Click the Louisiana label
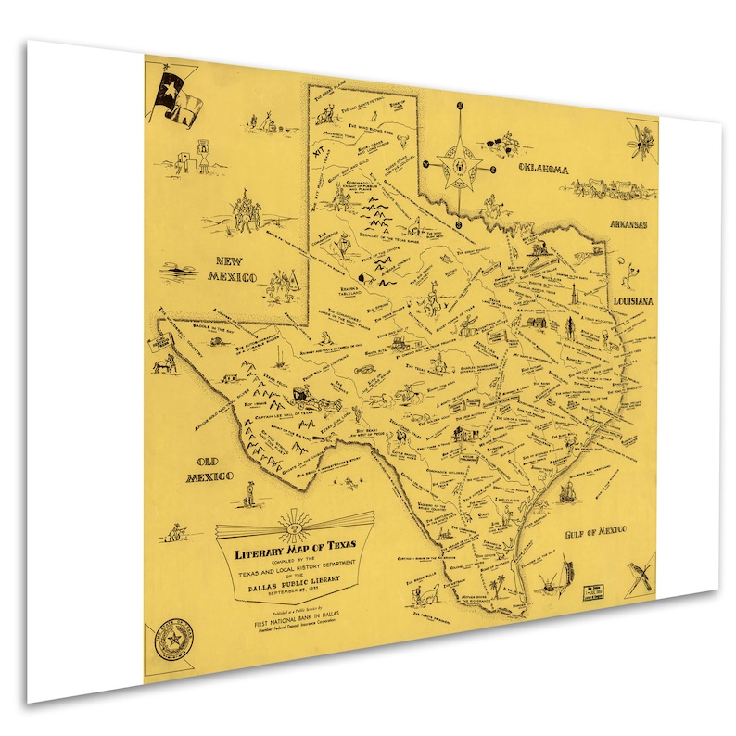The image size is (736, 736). pos(633,303)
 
